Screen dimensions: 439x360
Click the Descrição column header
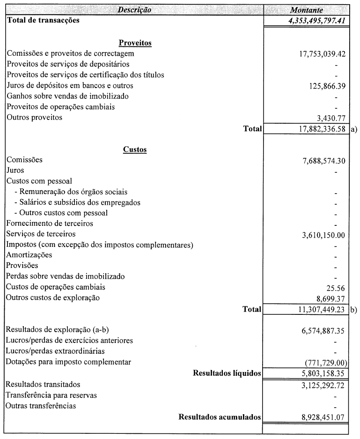[x=134, y=10]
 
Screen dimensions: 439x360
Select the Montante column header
[x=306, y=10]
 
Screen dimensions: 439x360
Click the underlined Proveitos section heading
[x=135, y=43]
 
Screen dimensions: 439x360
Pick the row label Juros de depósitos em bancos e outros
[x=70, y=86]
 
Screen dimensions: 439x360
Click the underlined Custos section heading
[x=135, y=149]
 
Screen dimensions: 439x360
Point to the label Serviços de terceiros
[x=41, y=234]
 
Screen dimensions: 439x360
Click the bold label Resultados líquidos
[x=227, y=373]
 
